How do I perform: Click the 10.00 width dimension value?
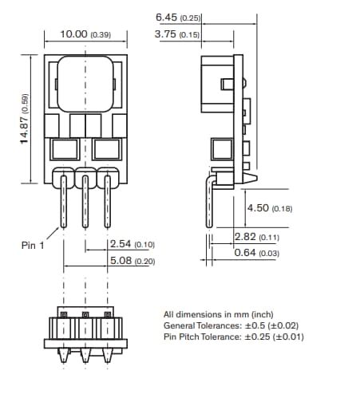click(x=74, y=34)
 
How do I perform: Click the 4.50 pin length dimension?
click(x=258, y=208)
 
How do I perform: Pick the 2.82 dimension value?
click(x=246, y=237)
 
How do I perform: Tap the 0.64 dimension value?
click(x=246, y=253)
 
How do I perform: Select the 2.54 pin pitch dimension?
click(x=121, y=244)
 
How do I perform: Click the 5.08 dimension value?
click(x=121, y=261)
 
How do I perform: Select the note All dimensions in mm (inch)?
click(x=219, y=314)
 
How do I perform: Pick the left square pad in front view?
click(x=62, y=148)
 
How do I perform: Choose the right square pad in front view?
click(x=105, y=148)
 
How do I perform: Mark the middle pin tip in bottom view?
click(x=85, y=358)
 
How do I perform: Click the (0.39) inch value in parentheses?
click(x=101, y=35)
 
